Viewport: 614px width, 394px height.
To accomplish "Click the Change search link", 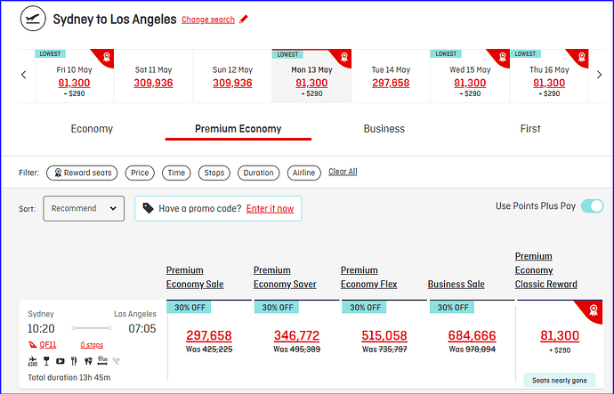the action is coord(208,20).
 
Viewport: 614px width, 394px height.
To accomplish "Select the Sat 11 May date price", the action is coord(153,83).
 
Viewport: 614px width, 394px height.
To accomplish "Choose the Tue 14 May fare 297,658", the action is coord(391,83).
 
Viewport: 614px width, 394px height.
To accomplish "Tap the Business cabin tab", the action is coord(384,129).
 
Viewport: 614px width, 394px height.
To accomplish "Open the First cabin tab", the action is coord(530,129).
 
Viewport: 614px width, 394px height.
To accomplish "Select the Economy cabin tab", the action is coord(92,129).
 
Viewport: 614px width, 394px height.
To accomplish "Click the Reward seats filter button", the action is coord(82,173).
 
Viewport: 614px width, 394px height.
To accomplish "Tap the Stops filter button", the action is coord(214,173).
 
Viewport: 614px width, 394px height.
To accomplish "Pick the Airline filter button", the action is coord(303,173).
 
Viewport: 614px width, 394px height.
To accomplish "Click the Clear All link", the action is coord(343,172).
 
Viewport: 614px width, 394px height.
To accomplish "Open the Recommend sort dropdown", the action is coord(84,208).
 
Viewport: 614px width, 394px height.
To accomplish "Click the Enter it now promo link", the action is coord(270,208).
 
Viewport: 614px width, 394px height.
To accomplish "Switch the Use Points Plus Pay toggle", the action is coord(592,206).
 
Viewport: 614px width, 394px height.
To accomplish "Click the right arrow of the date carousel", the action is coord(599,75).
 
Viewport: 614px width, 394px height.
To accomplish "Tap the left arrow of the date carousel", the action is coord(24,75).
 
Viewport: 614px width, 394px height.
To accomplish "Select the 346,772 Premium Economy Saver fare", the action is coord(296,335).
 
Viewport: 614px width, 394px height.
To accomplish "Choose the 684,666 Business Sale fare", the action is coord(472,335).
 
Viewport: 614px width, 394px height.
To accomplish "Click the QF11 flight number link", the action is coord(48,345).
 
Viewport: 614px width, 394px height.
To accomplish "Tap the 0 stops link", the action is coord(92,345).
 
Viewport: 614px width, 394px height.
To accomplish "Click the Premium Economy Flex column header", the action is coord(369,277).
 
